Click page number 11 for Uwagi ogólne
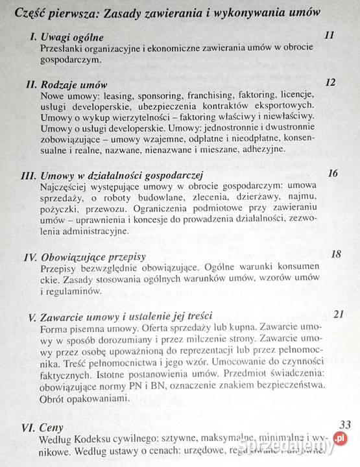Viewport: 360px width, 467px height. click(x=329, y=35)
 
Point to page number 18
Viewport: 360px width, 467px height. click(x=335, y=254)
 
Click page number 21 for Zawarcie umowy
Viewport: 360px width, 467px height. click(x=337, y=315)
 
